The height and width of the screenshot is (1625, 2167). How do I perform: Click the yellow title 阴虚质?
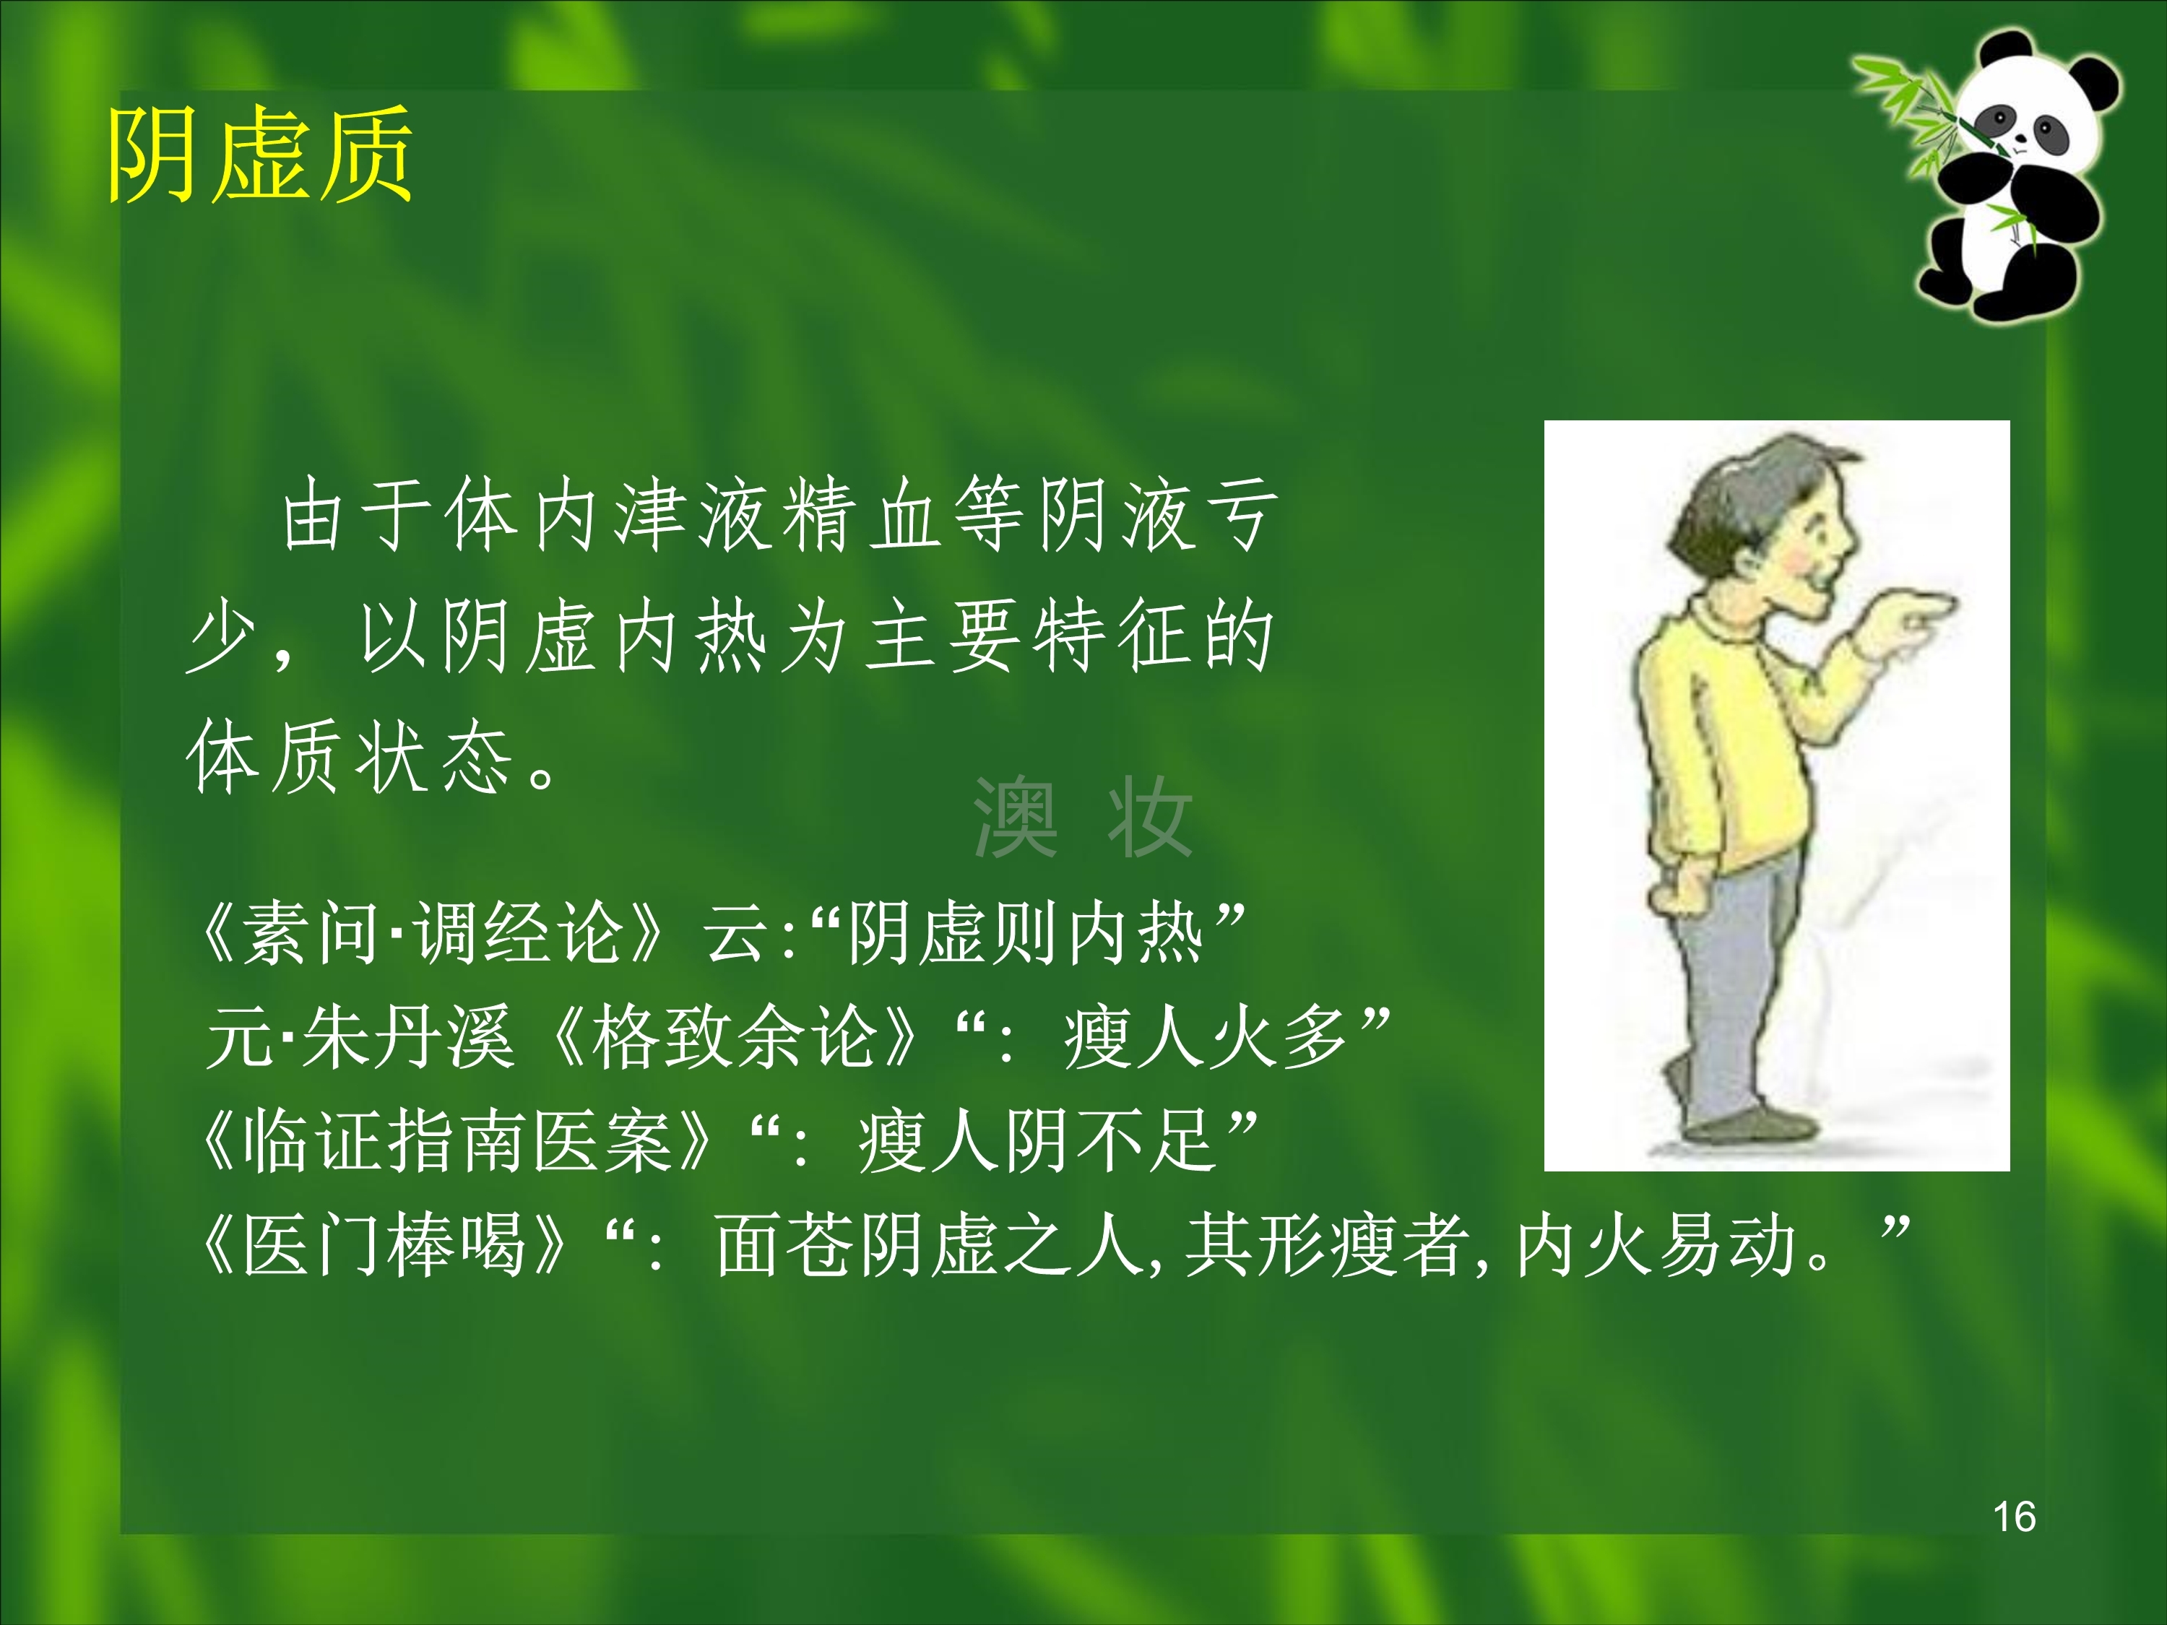[x=259, y=155]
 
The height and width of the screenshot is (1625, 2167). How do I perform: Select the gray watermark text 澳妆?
[x=1083, y=818]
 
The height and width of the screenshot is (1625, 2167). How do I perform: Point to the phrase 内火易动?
[x=1656, y=1246]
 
